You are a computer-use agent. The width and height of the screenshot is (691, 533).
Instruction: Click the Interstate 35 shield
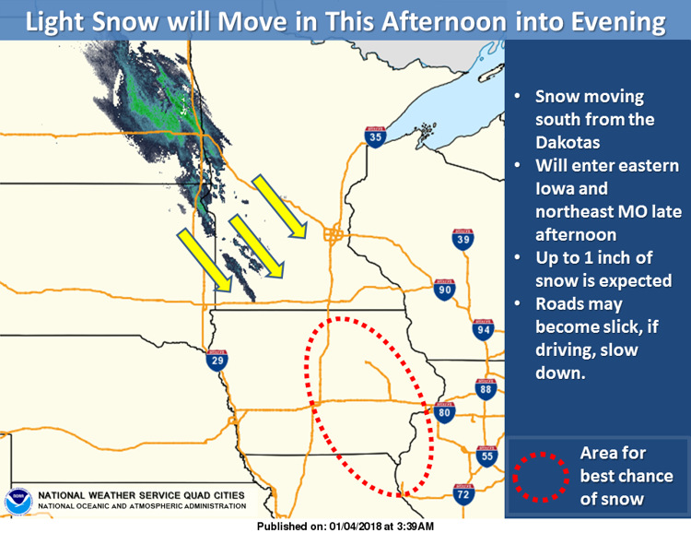pos(375,136)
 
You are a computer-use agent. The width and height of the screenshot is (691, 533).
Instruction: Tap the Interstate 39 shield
pos(463,239)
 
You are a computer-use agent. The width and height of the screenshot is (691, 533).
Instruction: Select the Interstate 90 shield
pos(444,290)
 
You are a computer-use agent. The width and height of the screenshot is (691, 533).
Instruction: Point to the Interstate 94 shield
pos(483,329)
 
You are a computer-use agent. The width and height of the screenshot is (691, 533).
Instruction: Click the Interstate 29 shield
pos(217,361)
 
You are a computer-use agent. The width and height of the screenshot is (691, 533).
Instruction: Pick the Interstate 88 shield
pos(486,389)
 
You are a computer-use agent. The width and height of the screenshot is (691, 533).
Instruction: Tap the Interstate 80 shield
pos(444,412)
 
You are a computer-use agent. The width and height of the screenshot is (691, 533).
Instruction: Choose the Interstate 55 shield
pos(487,456)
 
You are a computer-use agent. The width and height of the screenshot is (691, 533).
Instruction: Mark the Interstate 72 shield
pos(463,494)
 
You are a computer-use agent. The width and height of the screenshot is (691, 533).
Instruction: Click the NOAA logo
pos(18,502)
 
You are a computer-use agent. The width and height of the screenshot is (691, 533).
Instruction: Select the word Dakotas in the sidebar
pos(568,143)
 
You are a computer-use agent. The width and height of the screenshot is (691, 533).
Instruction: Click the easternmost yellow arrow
pos(279,206)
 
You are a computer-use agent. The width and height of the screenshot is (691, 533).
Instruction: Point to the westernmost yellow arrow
pos(205,260)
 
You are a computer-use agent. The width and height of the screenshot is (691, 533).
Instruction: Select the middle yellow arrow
pos(256,246)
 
